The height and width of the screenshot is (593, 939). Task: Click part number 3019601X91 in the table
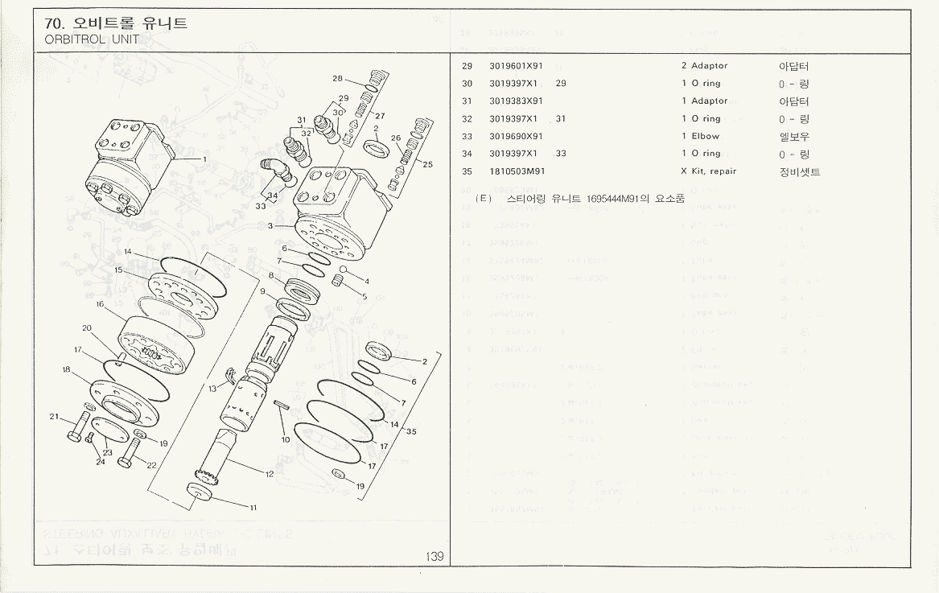[516, 66]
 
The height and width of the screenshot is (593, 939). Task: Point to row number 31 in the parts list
[467, 101]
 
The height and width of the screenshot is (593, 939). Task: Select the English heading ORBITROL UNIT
[93, 39]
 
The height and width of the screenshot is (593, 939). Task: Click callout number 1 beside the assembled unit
[205, 159]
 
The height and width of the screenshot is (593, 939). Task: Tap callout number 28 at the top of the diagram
[338, 79]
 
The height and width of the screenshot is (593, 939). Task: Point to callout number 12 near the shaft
[270, 474]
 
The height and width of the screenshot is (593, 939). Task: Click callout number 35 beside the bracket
[411, 432]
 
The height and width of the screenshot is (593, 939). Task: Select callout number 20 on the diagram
[85, 328]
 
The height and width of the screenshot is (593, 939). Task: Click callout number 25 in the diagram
[428, 165]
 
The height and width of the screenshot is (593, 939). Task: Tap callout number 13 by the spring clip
[212, 389]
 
